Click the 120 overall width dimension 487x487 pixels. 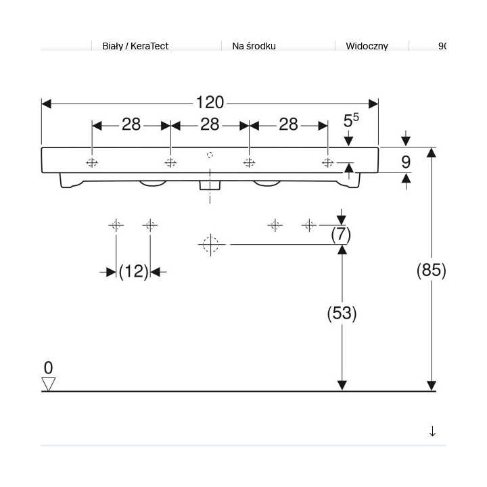click(210, 103)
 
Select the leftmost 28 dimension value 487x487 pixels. click(131, 124)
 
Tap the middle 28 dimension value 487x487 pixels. click(210, 124)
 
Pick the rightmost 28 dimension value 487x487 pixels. click(288, 124)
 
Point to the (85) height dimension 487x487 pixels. click(431, 270)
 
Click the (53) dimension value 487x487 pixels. click(342, 313)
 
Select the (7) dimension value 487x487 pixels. click(340, 235)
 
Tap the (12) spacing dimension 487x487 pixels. click(133, 271)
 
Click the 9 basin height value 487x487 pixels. click(406, 162)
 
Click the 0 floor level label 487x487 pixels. click(48, 368)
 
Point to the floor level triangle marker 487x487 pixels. click(48, 384)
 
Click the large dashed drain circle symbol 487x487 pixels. click(210, 243)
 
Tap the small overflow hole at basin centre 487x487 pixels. click(210, 154)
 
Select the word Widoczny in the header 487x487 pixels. click(367, 47)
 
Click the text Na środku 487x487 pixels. click(254, 47)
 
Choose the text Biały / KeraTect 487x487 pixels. click(135, 47)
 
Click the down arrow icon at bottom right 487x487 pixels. click(432, 432)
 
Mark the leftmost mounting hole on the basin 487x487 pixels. click(92, 163)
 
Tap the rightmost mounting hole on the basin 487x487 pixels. click(328, 162)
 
